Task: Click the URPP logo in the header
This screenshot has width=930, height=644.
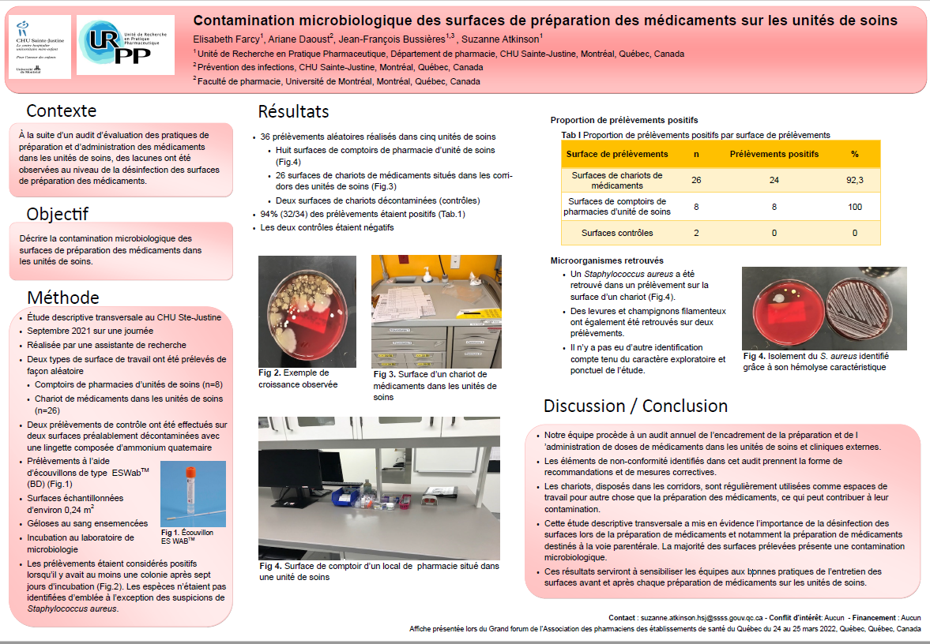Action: tap(130, 45)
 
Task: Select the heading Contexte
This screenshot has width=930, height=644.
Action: tap(62, 110)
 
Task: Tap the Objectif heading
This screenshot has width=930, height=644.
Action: tap(58, 214)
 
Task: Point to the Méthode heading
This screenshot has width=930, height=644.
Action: tap(63, 298)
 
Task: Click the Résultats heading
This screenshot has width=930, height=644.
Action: tap(293, 112)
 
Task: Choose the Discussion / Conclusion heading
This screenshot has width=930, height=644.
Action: tap(635, 406)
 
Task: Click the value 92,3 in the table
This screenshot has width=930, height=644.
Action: tap(854, 180)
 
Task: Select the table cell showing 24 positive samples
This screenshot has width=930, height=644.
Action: tap(774, 180)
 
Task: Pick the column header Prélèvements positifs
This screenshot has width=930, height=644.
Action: tap(774, 154)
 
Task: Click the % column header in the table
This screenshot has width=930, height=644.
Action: tap(854, 154)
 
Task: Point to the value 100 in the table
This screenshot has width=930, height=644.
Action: tap(854, 207)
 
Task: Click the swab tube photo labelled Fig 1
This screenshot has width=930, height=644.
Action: tap(193, 493)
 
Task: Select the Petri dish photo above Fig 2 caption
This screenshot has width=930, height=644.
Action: tap(307, 311)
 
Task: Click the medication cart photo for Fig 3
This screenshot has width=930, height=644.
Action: tap(436, 311)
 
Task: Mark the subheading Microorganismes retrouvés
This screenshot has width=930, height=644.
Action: tap(606, 260)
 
